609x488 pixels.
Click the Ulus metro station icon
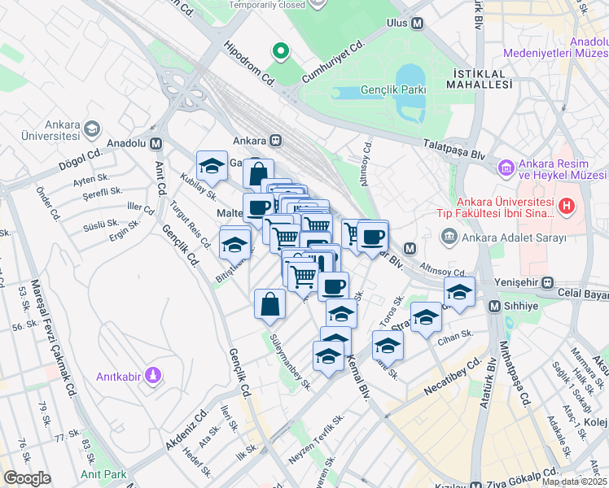coord(418,24)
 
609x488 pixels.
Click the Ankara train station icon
coord(276,140)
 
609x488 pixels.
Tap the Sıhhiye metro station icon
coord(494,306)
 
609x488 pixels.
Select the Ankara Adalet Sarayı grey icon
coord(449,237)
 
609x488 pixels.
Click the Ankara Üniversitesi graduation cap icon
coord(91,129)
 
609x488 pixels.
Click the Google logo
coord(27,478)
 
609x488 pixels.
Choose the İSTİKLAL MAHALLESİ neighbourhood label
coord(480,78)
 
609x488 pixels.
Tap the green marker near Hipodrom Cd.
coord(281,52)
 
